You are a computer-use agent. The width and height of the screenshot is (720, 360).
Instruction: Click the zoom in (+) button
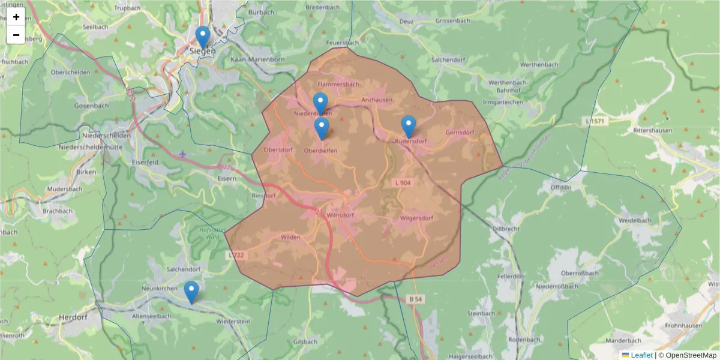coord(16,17)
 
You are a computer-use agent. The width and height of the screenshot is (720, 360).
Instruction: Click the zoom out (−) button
coord(16,35)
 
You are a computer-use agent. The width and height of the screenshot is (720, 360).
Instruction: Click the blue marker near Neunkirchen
coord(191,292)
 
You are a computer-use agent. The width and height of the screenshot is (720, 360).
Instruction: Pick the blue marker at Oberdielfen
coord(322,128)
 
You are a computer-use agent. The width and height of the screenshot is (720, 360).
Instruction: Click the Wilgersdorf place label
coord(416,218)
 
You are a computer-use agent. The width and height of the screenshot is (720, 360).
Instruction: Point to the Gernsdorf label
coord(460,133)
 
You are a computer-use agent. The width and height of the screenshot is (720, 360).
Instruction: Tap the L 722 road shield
coord(237,256)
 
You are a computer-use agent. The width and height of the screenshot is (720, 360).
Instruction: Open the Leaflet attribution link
coord(641,355)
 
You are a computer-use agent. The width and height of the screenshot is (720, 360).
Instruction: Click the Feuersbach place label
coord(342,43)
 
